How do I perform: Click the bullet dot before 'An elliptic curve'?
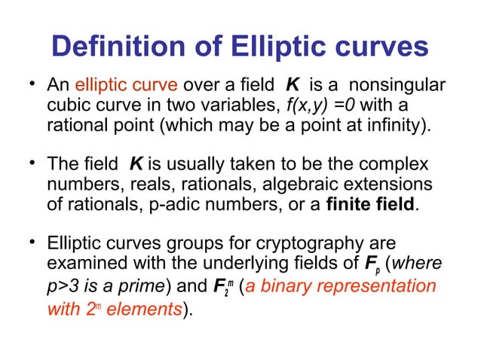(33, 84)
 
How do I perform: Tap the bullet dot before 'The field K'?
(33, 164)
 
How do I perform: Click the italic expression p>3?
(63, 286)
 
